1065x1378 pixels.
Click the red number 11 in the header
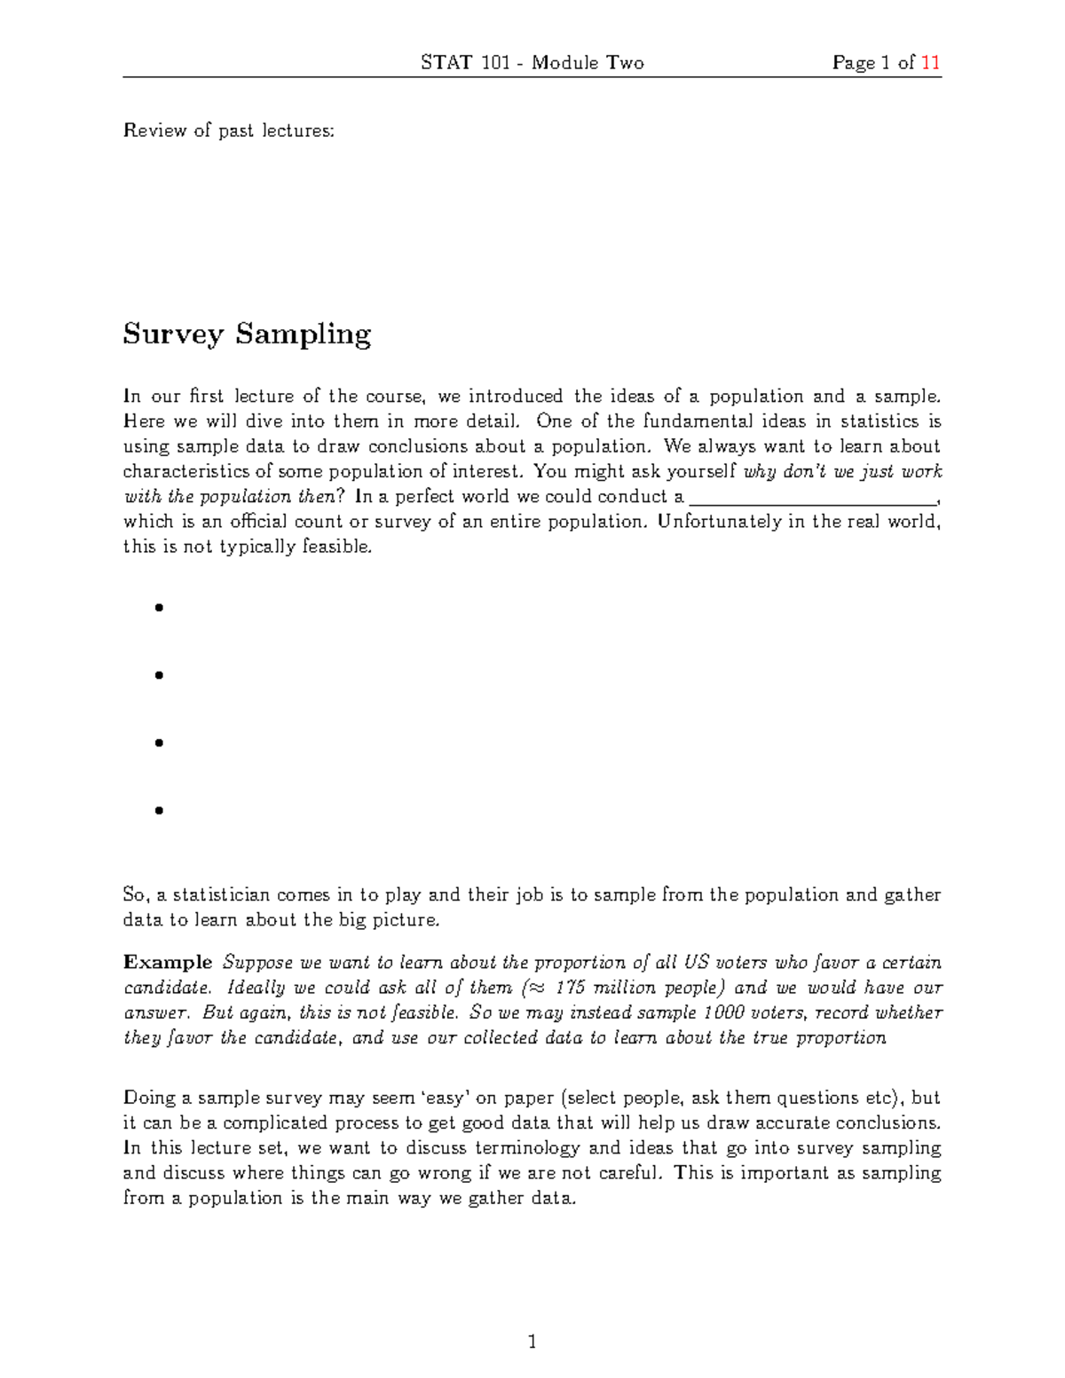coord(930,63)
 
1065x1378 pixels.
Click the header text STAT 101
coord(464,63)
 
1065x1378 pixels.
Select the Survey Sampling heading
coord(247,335)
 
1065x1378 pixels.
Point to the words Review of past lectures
coord(229,131)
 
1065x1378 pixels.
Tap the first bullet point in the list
coord(159,608)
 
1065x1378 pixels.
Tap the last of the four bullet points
coord(159,810)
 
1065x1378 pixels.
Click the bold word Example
coord(168,963)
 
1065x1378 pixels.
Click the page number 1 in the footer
coord(532,1342)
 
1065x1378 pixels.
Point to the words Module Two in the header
coord(588,63)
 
